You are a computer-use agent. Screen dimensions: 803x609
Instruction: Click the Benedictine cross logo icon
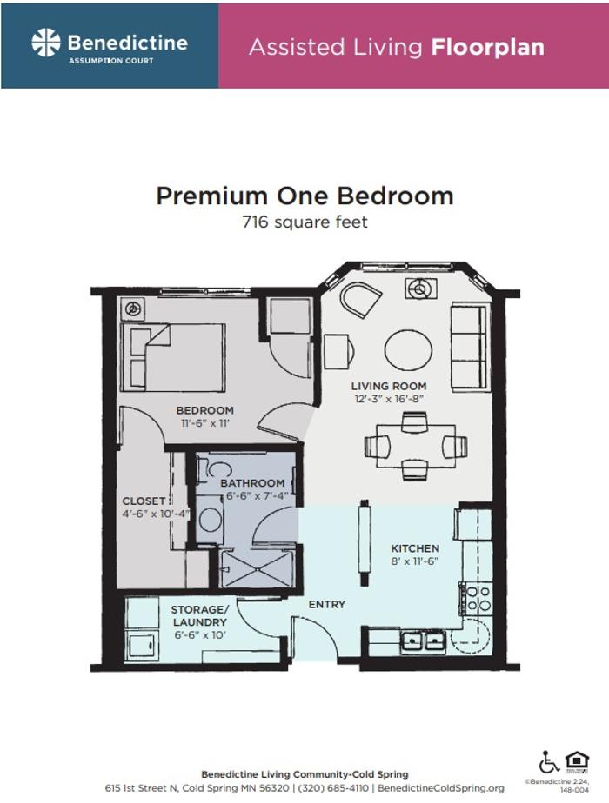(45, 43)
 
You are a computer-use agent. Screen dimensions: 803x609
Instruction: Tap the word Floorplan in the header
(487, 47)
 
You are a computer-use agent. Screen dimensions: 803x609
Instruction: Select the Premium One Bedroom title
(304, 196)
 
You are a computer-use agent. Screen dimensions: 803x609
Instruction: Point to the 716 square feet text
(304, 222)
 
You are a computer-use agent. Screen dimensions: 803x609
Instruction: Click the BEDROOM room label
(205, 411)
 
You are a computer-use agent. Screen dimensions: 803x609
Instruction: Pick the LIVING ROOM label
(388, 386)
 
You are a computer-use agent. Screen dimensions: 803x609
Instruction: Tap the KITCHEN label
(415, 549)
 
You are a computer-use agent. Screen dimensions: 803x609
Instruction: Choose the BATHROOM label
(252, 483)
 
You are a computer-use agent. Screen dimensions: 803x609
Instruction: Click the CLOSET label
(144, 501)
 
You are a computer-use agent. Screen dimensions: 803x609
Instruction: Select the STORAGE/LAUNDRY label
(199, 616)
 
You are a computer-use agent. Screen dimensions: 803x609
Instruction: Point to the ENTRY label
(327, 605)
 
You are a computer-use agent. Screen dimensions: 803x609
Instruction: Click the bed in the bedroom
(178, 355)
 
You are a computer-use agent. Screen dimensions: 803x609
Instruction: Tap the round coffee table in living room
(408, 349)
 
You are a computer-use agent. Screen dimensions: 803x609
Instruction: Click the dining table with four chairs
(415, 446)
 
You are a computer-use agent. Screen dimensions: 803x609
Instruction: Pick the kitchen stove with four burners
(476, 599)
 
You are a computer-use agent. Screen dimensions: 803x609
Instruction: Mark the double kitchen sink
(424, 642)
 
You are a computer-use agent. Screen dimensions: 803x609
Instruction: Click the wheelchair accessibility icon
(548, 762)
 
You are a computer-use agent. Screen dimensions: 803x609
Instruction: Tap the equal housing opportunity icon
(577, 761)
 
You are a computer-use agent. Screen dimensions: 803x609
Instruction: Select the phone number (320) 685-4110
(334, 787)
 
